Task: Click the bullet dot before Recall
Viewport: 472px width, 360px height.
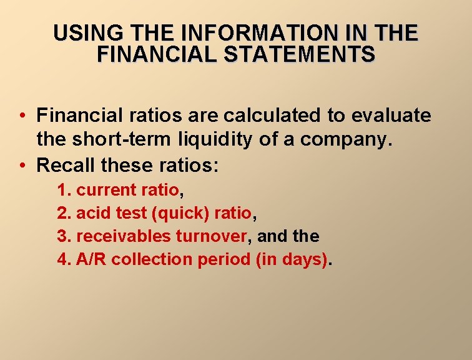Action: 22,166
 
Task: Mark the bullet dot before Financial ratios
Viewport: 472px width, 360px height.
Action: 22,116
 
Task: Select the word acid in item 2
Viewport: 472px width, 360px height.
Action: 94,214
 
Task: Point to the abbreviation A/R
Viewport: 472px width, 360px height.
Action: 91,259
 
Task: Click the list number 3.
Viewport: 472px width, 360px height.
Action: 62,236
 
